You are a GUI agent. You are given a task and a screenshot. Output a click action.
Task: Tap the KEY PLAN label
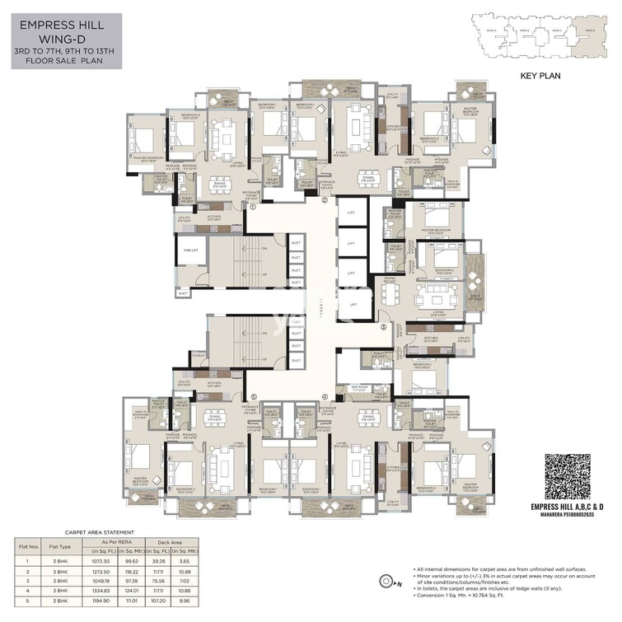(x=540, y=75)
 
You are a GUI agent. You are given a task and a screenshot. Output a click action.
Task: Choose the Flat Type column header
(x=58, y=546)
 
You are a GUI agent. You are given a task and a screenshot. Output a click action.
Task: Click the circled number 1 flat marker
(x=253, y=207)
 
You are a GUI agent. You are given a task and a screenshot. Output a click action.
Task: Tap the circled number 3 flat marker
(x=383, y=327)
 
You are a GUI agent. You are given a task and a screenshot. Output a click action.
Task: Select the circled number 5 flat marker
(x=254, y=396)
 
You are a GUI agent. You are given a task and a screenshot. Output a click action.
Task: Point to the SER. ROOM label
(x=360, y=386)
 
